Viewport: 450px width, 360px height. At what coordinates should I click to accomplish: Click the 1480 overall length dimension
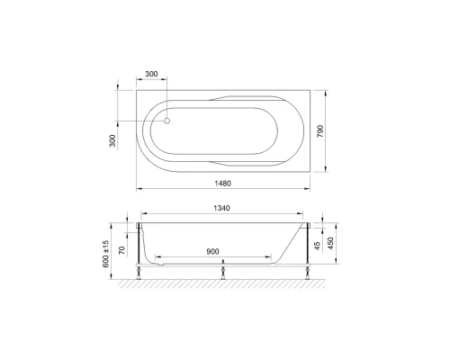[x=225, y=184]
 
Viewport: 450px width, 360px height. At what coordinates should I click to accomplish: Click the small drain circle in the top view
[x=168, y=117]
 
